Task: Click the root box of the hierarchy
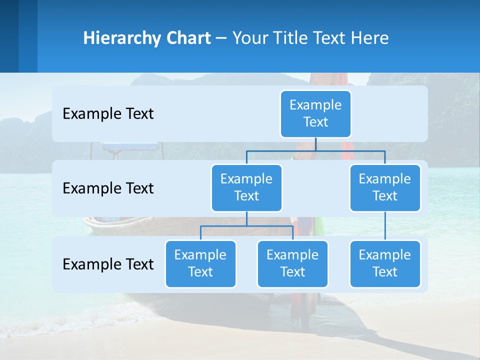click(315, 113)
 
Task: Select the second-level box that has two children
click(246, 187)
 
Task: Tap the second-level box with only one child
click(385, 187)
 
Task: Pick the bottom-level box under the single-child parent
click(385, 263)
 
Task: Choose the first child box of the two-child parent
click(200, 263)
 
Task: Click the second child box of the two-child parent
click(292, 263)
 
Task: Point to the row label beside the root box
click(108, 114)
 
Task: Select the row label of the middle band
click(108, 188)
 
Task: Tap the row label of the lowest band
click(108, 264)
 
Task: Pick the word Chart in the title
click(189, 38)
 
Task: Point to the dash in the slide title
click(221, 38)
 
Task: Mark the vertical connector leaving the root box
click(315, 144)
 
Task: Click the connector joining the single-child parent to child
click(385, 226)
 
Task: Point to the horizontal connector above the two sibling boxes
click(246, 226)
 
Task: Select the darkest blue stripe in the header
click(9, 36)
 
